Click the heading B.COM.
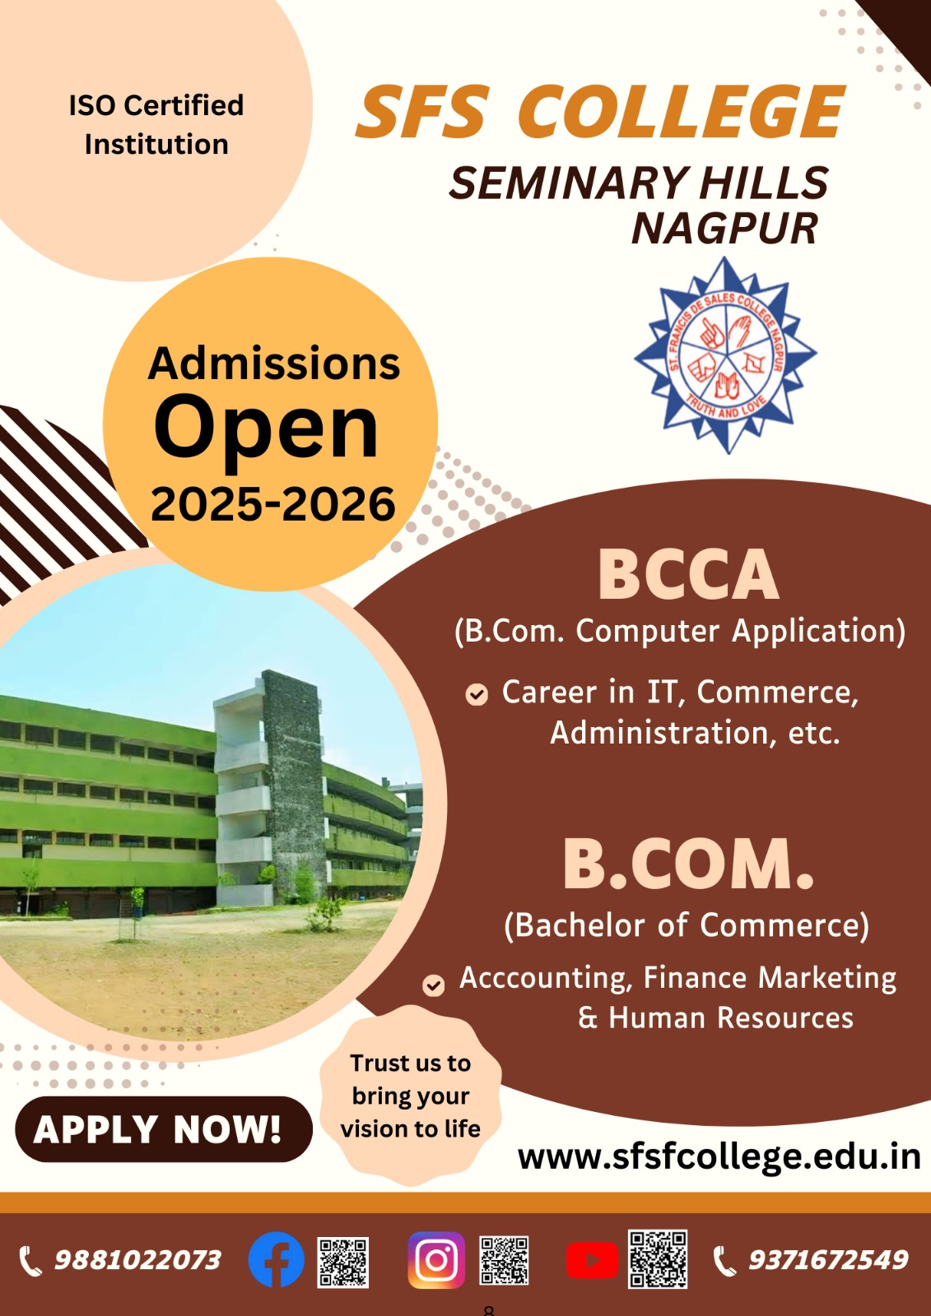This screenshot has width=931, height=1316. [688, 863]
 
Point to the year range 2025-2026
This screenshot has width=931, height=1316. [273, 504]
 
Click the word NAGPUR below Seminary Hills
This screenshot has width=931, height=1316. [724, 229]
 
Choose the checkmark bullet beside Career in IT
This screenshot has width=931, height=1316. [477, 694]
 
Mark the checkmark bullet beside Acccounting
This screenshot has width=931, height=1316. [434, 985]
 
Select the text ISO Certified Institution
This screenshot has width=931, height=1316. [156, 124]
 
